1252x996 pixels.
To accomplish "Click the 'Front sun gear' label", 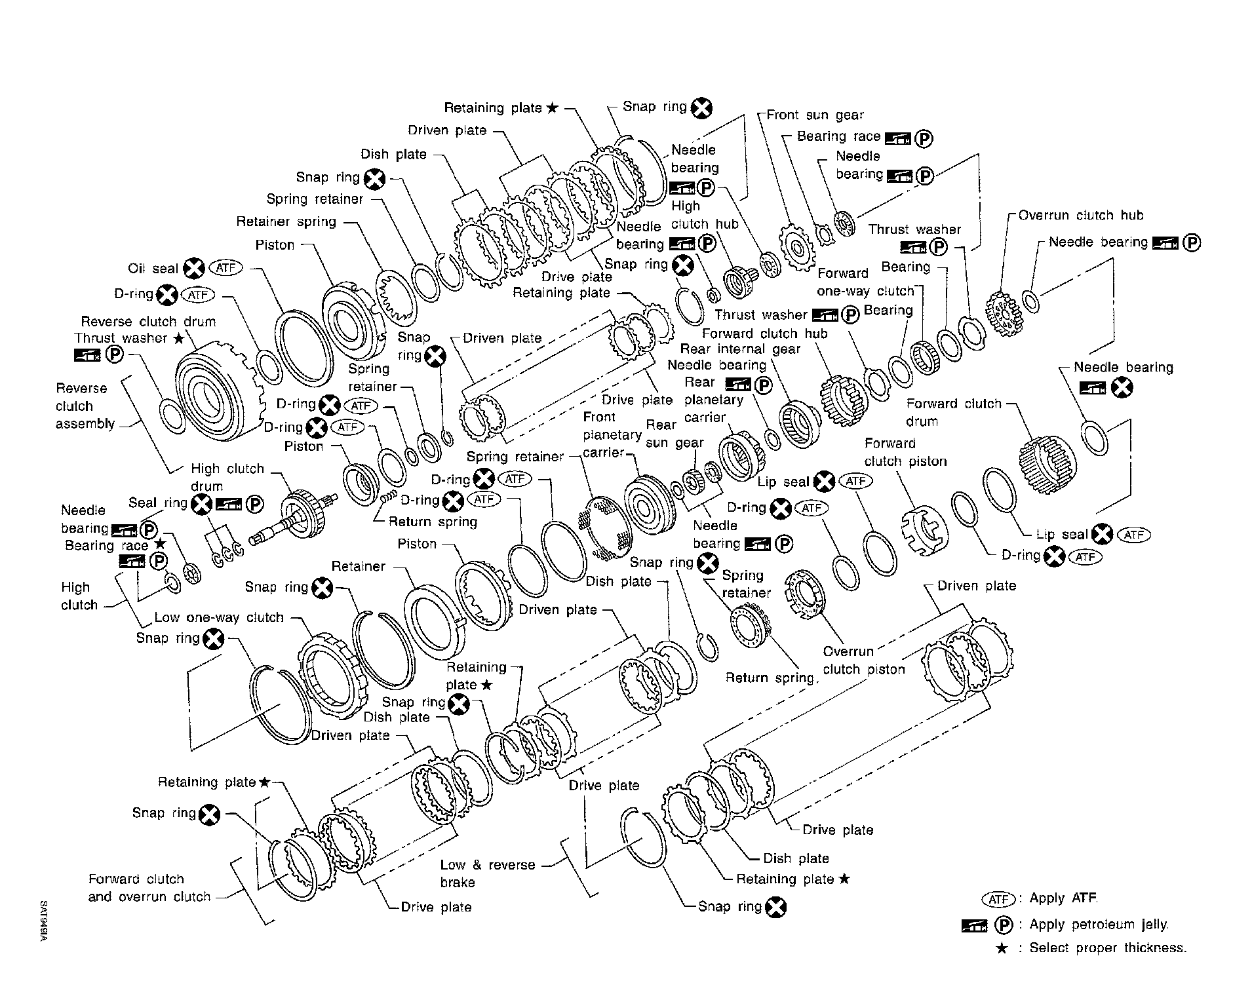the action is click(815, 115).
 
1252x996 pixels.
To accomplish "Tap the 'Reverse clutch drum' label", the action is click(148, 322).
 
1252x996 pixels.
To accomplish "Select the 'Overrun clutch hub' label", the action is click(1080, 216).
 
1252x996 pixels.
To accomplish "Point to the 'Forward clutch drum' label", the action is click(954, 412).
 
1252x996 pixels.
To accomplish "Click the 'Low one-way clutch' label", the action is click(219, 617).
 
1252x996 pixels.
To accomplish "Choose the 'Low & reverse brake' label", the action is click(487, 873).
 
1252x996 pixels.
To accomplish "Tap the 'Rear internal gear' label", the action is click(740, 349).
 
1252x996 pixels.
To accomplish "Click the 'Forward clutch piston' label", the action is click(905, 452).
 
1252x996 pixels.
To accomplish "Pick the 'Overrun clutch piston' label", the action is click(863, 661).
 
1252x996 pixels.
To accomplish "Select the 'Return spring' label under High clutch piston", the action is click(433, 522).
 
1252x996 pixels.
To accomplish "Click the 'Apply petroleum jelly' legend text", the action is click(1099, 925).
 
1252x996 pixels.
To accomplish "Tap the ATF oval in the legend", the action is click(998, 899).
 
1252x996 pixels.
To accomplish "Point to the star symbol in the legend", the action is click(1001, 948).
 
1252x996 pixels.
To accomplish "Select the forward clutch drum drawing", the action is click(1046, 464).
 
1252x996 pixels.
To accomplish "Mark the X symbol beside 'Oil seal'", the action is click(194, 269).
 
